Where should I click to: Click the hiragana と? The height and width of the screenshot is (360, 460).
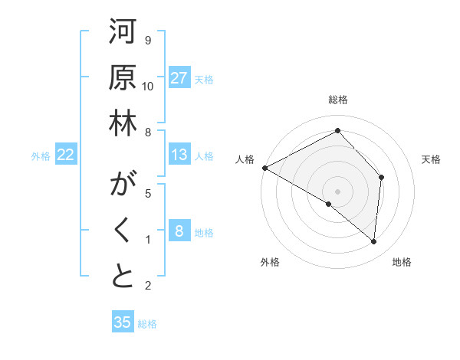[x=123, y=277]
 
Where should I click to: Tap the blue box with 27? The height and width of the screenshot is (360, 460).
[x=179, y=78]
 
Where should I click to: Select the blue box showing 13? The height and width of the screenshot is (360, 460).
[x=179, y=155]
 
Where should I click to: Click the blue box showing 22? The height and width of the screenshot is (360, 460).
[x=66, y=155]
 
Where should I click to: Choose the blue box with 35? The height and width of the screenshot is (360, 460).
[x=123, y=322]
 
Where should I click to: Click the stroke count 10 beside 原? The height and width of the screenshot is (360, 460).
[x=148, y=87]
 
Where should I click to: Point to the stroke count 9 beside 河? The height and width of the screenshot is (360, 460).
[x=148, y=41]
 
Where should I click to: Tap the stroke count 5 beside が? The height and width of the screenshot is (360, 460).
[x=148, y=194]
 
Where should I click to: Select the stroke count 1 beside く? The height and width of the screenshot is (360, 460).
[x=148, y=240]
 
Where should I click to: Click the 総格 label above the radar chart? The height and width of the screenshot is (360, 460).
[x=338, y=100]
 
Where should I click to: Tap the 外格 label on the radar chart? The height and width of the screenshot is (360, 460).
[x=270, y=263]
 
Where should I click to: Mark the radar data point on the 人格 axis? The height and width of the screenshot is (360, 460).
[x=264, y=168]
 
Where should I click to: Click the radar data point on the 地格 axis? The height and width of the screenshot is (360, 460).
[x=373, y=241]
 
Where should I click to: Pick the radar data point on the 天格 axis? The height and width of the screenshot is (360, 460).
[x=381, y=177]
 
